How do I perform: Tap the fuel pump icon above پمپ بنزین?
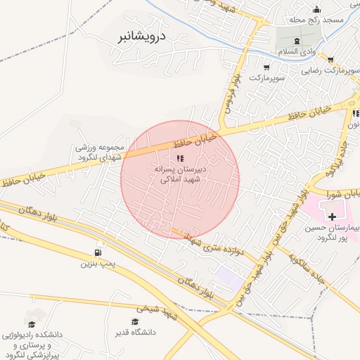pyautogui.click(x=96, y=253)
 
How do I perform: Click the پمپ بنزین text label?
pyautogui.click(x=96, y=264)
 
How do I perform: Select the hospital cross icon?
pyautogui.click(x=332, y=217)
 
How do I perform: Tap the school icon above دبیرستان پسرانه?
pyautogui.click(x=180, y=159)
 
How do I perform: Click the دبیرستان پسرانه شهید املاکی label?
pyautogui.click(x=180, y=175)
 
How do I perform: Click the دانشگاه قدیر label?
pyautogui.click(x=135, y=331)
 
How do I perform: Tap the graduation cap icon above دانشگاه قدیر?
pyautogui.click(x=135, y=321)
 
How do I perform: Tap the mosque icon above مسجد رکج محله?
pyautogui.click(x=316, y=9)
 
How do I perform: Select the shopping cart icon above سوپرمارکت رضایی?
pyautogui.click(x=330, y=59)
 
